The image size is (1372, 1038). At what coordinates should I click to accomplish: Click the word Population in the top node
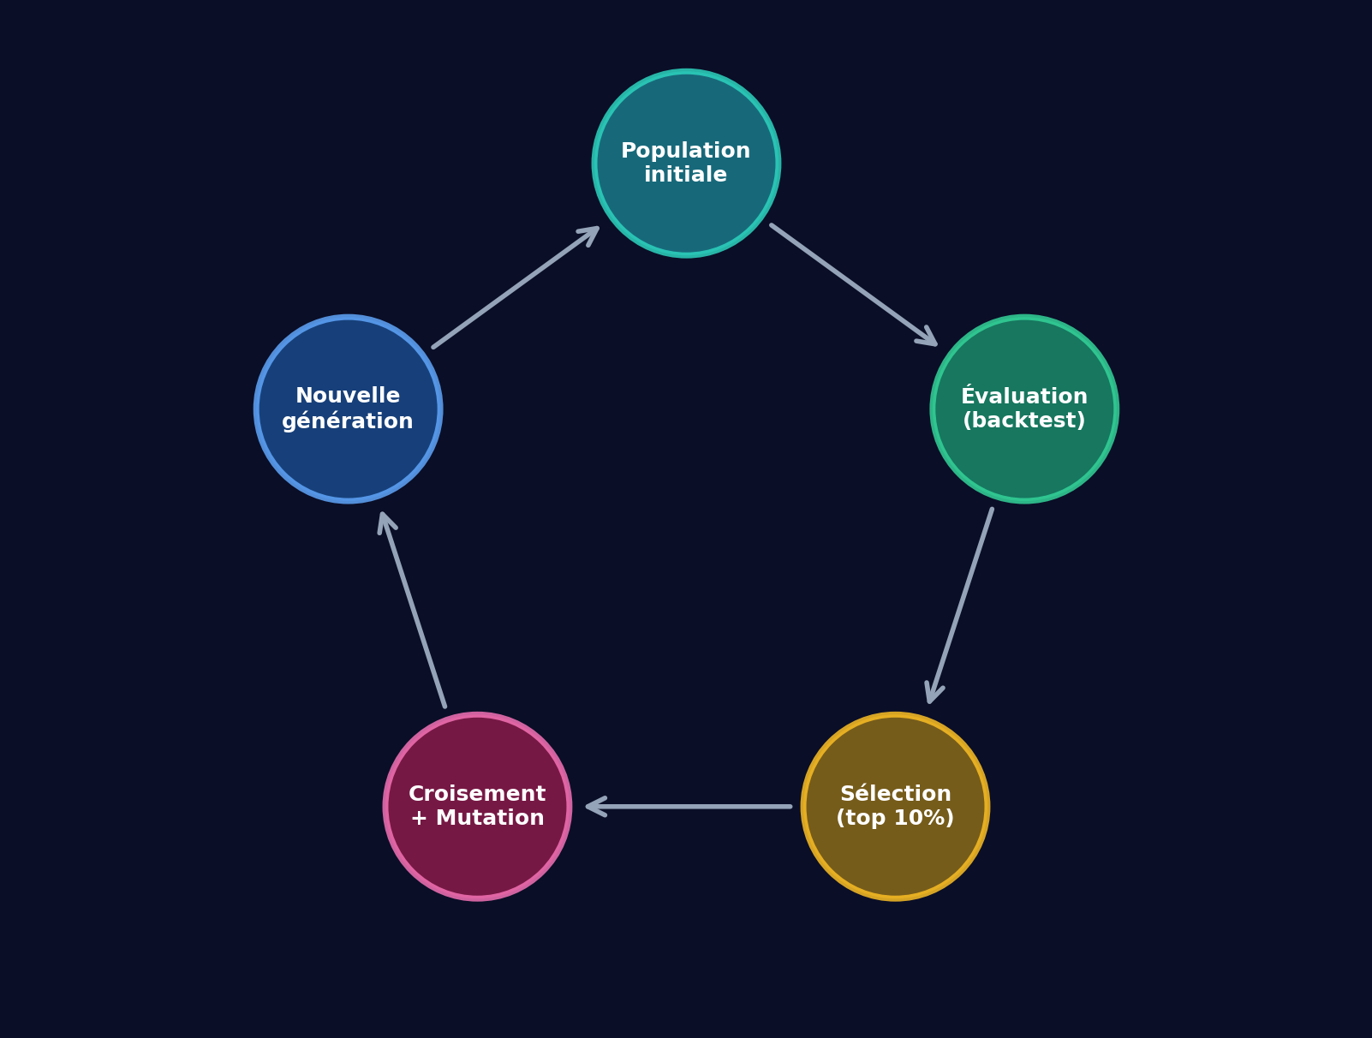pyautogui.click(x=685, y=152)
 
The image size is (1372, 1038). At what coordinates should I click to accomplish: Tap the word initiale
pyautogui.click(x=685, y=176)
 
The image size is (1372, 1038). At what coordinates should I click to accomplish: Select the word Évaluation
pyautogui.click(x=1023, y=397)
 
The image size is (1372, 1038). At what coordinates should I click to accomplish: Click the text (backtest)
pyautogui.click(x=1023, y=421)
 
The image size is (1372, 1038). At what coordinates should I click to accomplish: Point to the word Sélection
pyautogui.click(x=895, y=794)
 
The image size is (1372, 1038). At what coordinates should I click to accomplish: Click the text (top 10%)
pyautogui.click(x=895, y=819)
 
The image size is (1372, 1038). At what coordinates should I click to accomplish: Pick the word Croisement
pyautogui.click(x=477, y=794)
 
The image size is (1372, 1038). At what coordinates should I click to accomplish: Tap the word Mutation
pyautogui.click(x=489, y=819)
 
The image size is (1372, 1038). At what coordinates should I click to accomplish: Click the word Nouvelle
pyautogui.click(x=348, y=397)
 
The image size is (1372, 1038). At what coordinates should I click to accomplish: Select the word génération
pyautogui.click(x=348, y=421)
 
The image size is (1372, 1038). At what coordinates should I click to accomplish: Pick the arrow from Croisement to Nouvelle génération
pyautogui.click(x=413, y=610)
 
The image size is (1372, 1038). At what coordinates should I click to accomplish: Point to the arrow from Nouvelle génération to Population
pyautogui.click(x=516, y=288)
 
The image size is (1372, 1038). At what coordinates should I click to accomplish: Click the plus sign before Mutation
pyautogui.click(x=419, y=819)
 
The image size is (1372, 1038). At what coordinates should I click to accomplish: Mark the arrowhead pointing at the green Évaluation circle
pyautogui.click(x=928, y=338)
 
